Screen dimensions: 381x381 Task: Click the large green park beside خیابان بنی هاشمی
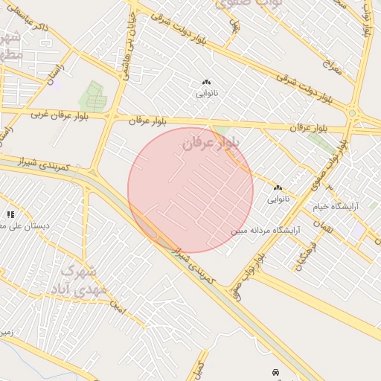pos(93,96)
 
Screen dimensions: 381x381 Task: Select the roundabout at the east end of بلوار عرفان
pos(353,114)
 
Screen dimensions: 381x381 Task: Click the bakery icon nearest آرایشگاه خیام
pos(278,188)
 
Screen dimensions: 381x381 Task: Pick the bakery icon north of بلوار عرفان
pos(206,82)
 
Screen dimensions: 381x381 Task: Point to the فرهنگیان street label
pos(306,255)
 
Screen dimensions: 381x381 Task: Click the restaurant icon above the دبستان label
pos(10,214)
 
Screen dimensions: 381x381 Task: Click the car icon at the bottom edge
pos(276,371)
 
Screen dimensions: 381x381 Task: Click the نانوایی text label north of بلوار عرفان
pos(206,95)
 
